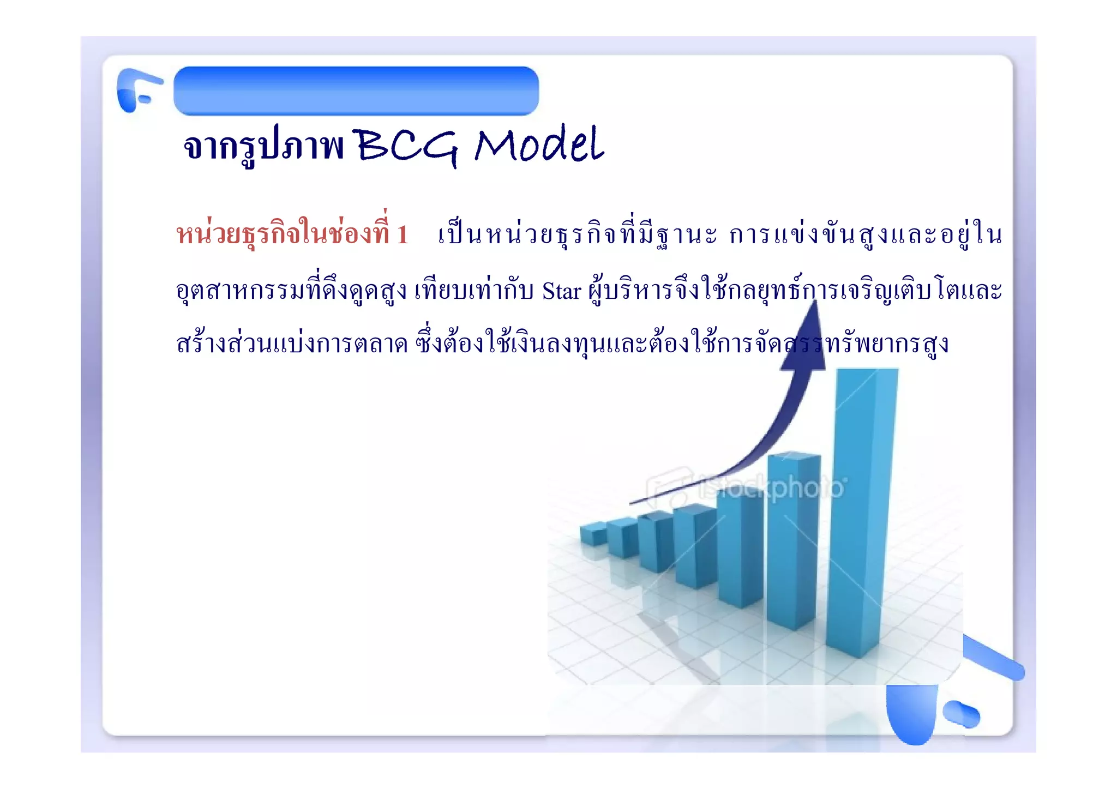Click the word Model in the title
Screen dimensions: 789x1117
pyautogui.click(x=539, y=145)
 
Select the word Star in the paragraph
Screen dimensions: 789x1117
pyautogui.click(x=561, y=291)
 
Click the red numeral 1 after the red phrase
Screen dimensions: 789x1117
pyautogui.click(x=403, y=235)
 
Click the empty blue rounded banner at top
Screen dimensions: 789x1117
pyautogui.click(x=356, y=91)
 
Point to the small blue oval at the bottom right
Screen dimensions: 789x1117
pyautogui.click(x=961, y=714)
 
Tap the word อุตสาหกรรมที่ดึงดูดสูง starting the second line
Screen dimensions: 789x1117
pyautogui.click(x=292, y=291)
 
